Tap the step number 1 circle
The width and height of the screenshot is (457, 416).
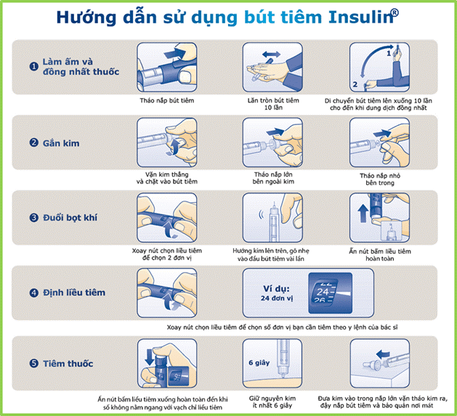tap(34, 66)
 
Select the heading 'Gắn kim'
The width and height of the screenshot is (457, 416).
tap(61, 143)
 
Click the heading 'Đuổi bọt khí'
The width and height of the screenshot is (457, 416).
tap(70, 217)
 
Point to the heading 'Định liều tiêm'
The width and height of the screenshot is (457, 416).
tap(74, 292)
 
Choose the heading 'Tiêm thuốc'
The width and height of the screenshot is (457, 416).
tap(68, 364)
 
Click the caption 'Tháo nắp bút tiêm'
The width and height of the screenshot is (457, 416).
tap(166, 100)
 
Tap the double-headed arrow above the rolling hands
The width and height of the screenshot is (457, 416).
tap(271, 55)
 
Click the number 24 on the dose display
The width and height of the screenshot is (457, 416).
tap(323, 292)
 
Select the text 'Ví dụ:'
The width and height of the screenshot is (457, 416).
tap(276, 289)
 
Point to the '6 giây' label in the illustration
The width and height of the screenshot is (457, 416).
tap(259, 363)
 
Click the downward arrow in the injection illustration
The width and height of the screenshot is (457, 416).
tap(150, 357)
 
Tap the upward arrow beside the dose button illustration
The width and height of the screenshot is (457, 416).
tap(363, 213)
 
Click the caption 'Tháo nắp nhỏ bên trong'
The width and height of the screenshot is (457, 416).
tap(380, 179)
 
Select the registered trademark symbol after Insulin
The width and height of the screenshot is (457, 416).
tap(395, 12)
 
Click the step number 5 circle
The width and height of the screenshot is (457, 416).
tap(34, 364)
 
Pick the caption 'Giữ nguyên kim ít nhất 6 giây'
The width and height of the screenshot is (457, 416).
tap(272, 401)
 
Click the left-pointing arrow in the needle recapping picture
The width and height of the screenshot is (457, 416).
tap(383, 354)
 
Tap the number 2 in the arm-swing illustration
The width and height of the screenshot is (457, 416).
tap(355, 84)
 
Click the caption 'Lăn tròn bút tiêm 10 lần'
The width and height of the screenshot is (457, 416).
tap(273, 104)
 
